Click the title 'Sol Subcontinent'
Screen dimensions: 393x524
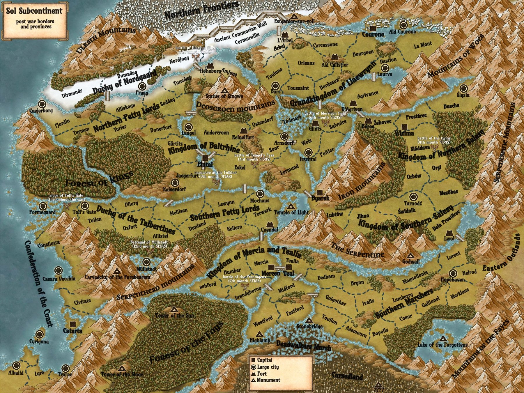pyautogui.click(x=34, y=11)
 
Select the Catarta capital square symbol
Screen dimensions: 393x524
pyautogui.click(x=73, y=324)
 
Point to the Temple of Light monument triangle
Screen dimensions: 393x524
pyautogui.click(x=291, y=206)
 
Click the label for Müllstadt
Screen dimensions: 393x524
pyautogui.click(x=146, y=269)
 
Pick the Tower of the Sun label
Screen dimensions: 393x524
pyautogui.click(x=174, y=316)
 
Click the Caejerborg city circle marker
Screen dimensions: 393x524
pyautogui.click(x=42, y=104)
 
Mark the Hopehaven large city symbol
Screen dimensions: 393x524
pyautogui.click(x=453, y=273)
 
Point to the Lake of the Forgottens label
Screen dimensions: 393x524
pyautogui.click(x=442, y=345)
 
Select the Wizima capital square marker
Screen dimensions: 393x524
pyautogui.click(x=404, y=127)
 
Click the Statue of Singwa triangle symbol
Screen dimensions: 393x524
pyautogui.click(x=224, y=90)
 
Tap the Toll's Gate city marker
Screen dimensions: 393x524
pyautogui.click(x=85, y=206)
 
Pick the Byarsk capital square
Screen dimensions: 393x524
pyautogui.click(x=320, y=192)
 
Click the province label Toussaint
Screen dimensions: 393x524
pyautogui.click(x=298, y=88)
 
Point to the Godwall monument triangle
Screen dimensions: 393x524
pyautogui.click(x=410, y=256)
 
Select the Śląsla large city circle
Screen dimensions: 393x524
pyautogui.click(x=463, y=88)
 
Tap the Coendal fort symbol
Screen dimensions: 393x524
pyautogui.click(x=270, y=224)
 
